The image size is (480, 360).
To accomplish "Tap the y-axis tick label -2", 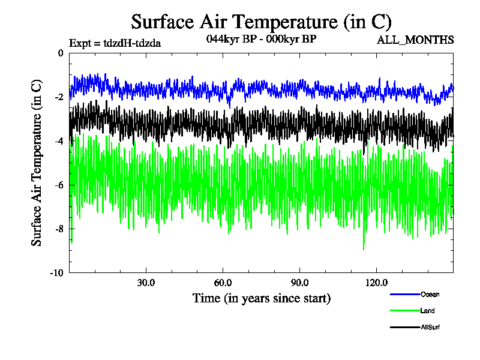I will tap(59, 97).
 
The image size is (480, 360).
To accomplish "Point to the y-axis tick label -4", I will tap(59, 141).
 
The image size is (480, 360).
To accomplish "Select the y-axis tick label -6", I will tap(59, 185).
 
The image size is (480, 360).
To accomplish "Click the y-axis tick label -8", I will tap(59, 229).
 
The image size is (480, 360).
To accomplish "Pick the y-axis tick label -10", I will tap(58, 273).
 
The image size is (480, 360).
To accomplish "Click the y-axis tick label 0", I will tap(61, 53).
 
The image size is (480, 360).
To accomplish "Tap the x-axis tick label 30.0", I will tap(146, 283).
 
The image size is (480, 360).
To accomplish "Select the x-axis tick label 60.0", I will tap(223, 283).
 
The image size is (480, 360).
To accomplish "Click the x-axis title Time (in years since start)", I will tap(261, 298).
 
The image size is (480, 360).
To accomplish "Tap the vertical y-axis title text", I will tap(37, 163).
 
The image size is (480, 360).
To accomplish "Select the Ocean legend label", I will tap(430, 294).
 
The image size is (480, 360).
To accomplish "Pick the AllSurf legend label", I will tap(431, 328).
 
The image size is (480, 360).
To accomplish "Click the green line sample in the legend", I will tap(403, 311).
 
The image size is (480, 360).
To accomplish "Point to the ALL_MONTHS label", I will tap(415, 40).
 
